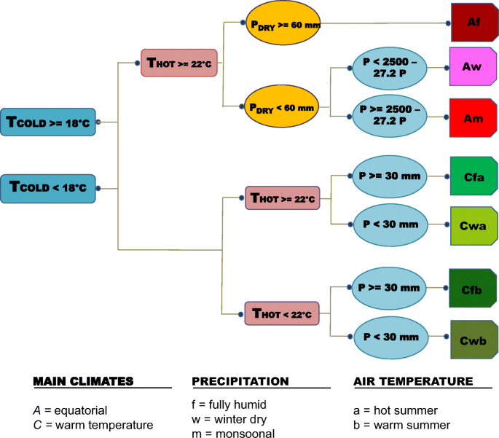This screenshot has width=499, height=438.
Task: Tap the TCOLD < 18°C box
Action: click(x=48, y=188)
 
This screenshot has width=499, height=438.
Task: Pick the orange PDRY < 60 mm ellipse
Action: click(x=281, y=106)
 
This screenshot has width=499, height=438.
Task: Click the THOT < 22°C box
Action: click(x=281, y=314)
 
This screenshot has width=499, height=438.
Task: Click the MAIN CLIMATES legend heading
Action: click(x=83, y=381)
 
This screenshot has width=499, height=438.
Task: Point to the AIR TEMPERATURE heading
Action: click(x=413, y=381)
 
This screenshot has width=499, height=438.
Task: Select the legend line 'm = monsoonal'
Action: click(x=233, y=434)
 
